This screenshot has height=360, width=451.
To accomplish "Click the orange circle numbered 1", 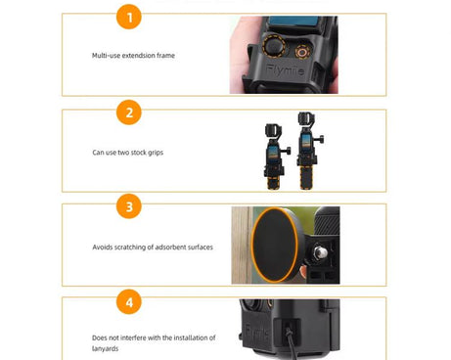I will tap(128, 17).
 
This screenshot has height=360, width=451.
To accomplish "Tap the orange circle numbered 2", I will tap(128, 112).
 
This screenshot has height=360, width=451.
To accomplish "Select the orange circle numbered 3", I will tap(128, 206).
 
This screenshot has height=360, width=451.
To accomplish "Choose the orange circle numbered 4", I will tap(128, 300).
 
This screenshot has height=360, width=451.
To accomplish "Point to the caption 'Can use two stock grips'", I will tap(127, 152).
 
